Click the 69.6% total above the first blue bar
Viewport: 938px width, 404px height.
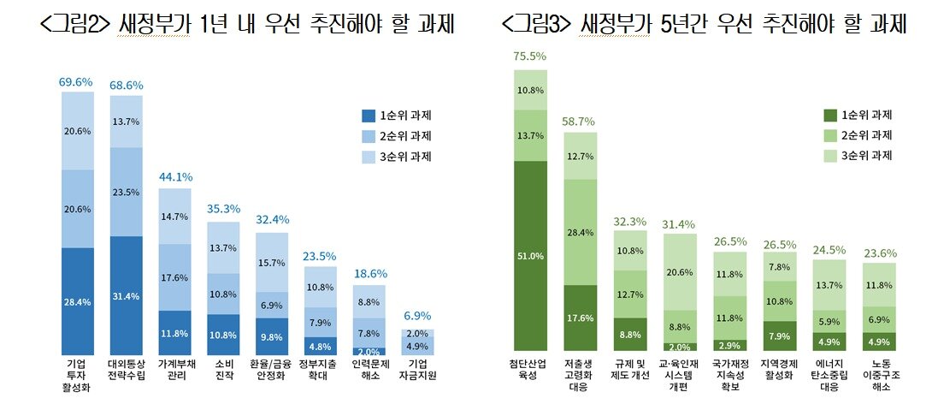[x=76, y=82]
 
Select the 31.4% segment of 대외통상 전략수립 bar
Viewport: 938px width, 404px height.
[x=126, y=296]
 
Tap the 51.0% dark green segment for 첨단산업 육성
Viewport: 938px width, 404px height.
[x=530, y=255]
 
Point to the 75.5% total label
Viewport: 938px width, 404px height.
[x=530, y=56]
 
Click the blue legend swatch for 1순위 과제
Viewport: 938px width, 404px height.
[x=369, y=115]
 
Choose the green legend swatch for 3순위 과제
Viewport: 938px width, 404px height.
[x=829, y=155]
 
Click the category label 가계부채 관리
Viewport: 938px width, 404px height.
[x=174, y=373]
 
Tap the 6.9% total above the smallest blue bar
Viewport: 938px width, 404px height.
[x=369, y=317]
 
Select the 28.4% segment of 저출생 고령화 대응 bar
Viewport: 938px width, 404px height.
[x=580, y=233]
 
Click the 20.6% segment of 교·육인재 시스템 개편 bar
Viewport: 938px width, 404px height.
[x=680, y=271]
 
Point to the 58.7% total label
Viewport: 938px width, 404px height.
[x=580, y=121]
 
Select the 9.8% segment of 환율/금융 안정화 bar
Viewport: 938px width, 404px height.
[x=272, y=336]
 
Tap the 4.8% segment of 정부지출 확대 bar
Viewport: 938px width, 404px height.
[x=321, y=347]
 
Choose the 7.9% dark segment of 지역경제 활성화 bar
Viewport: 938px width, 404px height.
[x=779, y=336]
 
